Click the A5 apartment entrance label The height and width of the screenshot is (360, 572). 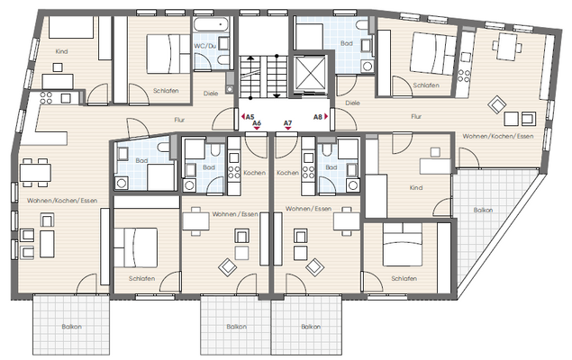coord(249,116)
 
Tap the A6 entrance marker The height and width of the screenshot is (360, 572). coord(259,123)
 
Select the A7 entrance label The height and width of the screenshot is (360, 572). coord(288,123)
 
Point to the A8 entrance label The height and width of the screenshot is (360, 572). coord(318,116)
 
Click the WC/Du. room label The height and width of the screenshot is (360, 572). coord(206,45)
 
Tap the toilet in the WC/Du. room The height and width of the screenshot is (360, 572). coord(203,60)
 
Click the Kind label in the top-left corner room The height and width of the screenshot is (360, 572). coord(61,52)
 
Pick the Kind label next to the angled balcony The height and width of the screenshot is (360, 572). coord(415,188)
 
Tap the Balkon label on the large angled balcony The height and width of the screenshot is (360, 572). coord(483,210)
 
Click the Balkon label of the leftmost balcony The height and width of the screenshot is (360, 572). coord(71,326)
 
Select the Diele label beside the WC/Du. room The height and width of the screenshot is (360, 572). coord(211,92)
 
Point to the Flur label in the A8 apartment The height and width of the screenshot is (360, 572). coord(416,116)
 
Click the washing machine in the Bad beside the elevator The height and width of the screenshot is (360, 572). coord(367,65)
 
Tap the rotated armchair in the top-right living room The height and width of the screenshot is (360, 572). coord(495,105)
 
